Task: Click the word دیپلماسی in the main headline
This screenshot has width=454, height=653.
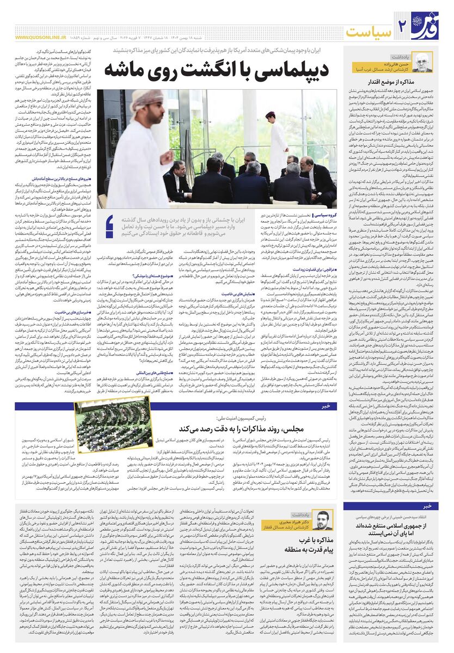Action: [284, 70]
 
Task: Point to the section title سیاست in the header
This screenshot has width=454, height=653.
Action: [371, 30]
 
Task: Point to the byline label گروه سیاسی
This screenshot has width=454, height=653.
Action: [321, 216]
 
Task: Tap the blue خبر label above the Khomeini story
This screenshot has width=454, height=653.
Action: [428, 505]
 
